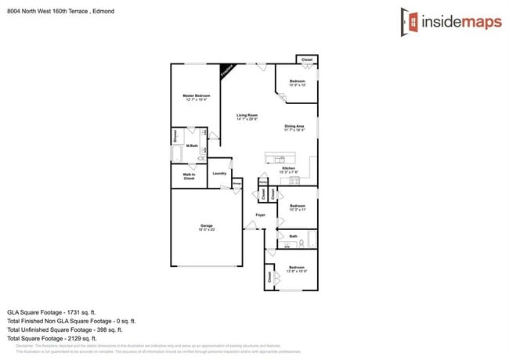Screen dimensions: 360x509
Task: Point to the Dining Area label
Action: point(294,128)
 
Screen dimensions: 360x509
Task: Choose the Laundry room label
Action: point(219,174)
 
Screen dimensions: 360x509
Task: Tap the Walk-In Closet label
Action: point(189,176)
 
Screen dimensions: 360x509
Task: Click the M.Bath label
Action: point(191,135)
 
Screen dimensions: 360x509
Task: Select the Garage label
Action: point(207,227)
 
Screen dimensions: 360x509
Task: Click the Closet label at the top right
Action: point(307,59)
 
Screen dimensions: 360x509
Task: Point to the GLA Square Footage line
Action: point(51,311)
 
